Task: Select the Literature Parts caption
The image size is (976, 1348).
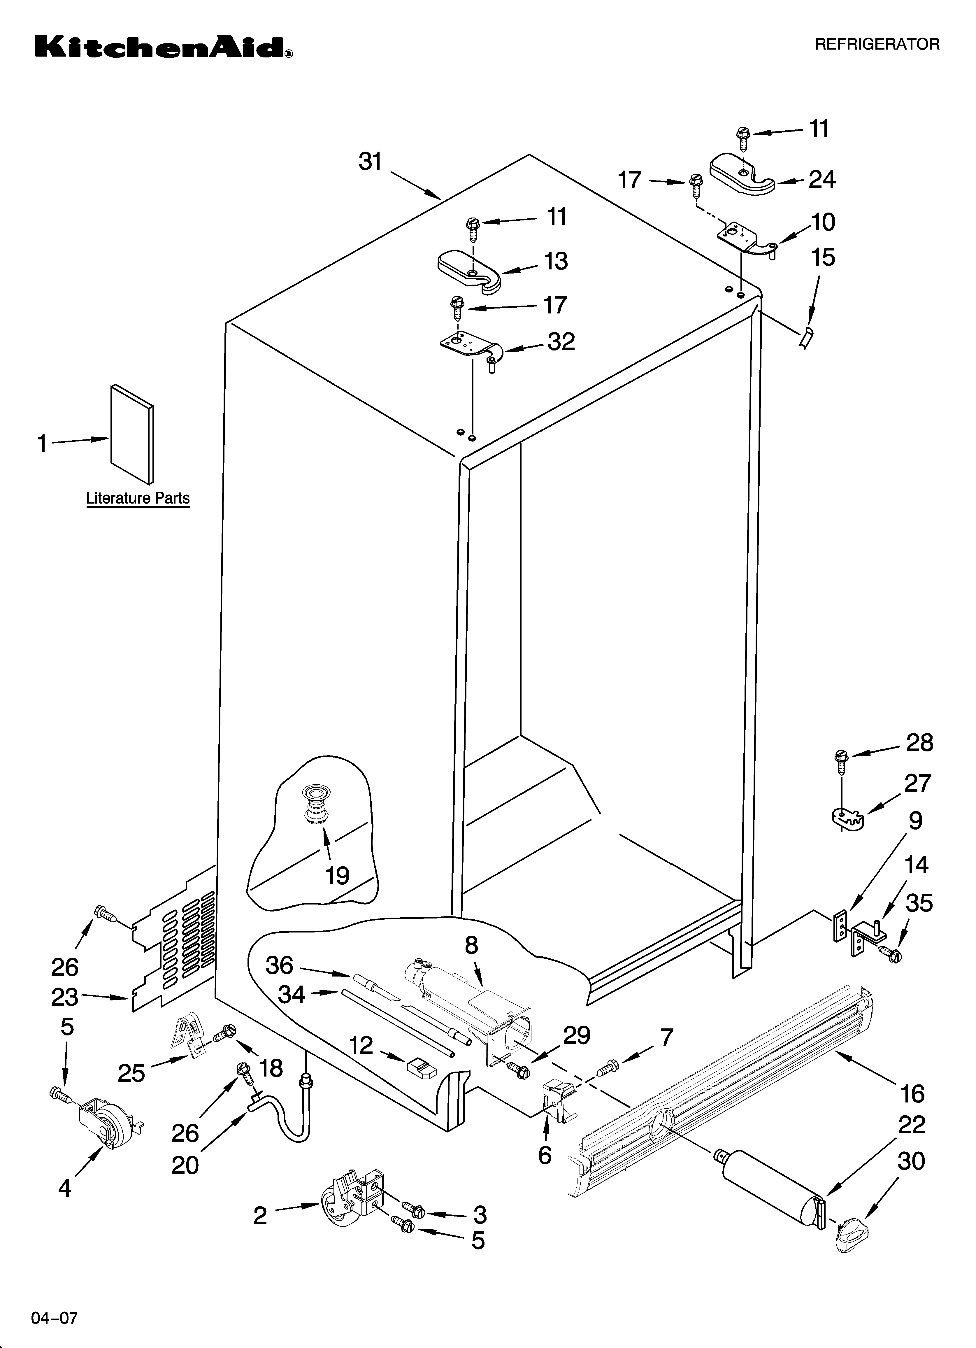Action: tap(138, 498)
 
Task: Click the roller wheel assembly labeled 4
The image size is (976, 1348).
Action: tap(107, 1125)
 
